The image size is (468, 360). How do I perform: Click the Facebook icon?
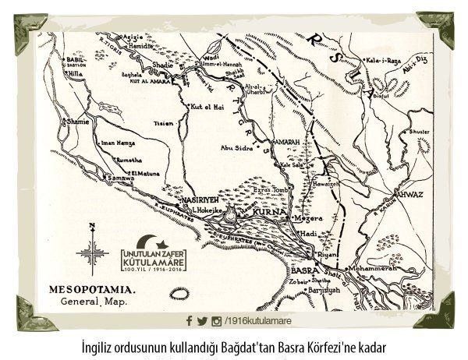pos(189,321)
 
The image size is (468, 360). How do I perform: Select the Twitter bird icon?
pos(201,321)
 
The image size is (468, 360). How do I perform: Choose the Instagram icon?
pos(215,321)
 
